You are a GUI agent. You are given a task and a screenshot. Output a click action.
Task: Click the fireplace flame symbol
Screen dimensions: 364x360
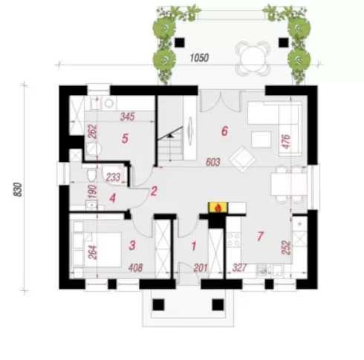click(x=218, y=208)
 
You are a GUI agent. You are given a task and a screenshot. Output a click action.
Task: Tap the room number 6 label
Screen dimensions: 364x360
click(x=224, y=131)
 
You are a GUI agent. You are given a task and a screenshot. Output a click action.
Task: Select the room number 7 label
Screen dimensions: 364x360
click(x=260, y=237)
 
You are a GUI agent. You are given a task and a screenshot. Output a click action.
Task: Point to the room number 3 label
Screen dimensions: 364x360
click(x=132, y=245)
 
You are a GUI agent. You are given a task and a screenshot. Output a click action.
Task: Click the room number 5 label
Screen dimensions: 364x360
click(x=125, y=139)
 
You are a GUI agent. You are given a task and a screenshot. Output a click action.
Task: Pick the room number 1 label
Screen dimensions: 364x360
click(x=194, y=246)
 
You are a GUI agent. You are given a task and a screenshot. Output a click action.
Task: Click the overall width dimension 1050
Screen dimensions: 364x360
click(x=199, y=58)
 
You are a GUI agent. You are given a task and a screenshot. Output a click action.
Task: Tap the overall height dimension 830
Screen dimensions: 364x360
click(x=18, y=189)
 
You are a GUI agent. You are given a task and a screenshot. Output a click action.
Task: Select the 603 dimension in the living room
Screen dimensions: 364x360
click(x=213, y=163)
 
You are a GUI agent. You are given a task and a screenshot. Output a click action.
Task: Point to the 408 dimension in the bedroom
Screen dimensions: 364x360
click(x=136, y=268)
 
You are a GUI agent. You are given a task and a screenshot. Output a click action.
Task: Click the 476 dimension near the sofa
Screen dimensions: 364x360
click(x=286, y=142)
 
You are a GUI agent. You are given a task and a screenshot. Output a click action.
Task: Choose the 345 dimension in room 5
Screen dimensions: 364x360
click(x=127, y=117)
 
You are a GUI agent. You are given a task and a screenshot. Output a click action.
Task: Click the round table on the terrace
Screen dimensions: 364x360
click(x=252, y=59)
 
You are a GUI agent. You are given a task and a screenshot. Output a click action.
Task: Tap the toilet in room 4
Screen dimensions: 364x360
click(x=91, y=175)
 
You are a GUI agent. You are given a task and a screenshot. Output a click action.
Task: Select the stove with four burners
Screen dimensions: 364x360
click(x=233, y=240)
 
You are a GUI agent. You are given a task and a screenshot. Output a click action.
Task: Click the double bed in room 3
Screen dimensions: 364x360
click(x=97, y=249)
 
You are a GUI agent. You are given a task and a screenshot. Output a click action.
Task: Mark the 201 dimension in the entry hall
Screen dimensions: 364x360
click(x=201, y=268)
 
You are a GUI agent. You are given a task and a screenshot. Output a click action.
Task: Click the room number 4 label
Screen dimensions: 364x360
click(x=113, y=198)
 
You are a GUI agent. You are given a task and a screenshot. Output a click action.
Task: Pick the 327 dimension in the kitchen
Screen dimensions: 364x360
click(x=239, y=267)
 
